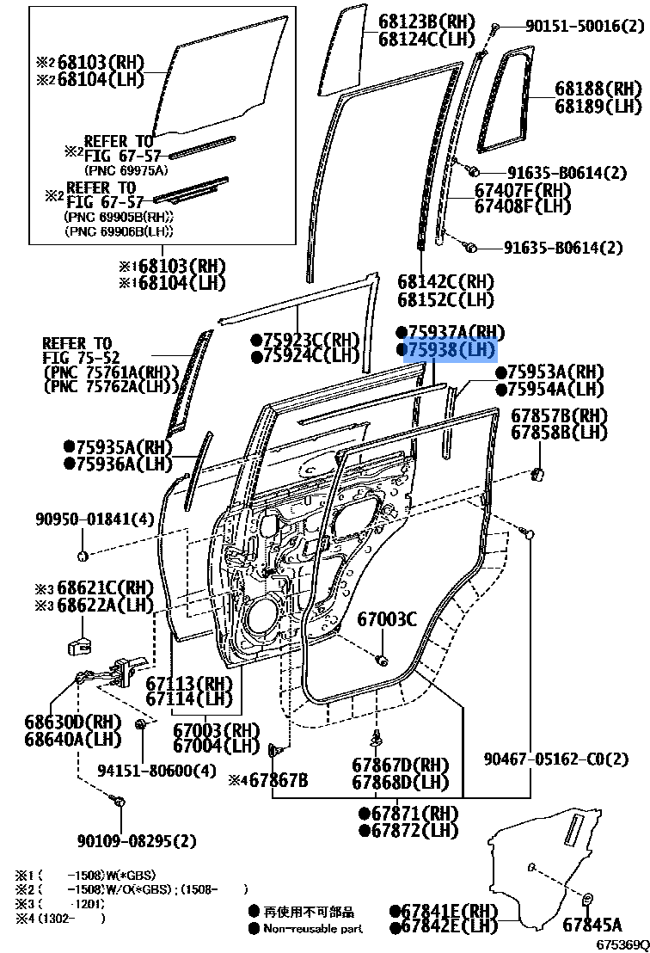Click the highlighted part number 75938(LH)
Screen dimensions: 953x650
[450, 350]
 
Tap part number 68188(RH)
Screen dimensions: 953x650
[598, 89]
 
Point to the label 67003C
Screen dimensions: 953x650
[387, 618]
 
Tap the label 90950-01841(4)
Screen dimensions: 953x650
[83, 519]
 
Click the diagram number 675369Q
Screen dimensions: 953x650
[622, 944]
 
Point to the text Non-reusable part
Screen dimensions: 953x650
[313, 928]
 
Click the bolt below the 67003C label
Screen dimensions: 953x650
[382, 659]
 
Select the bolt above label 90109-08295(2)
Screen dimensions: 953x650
[119, 802]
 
